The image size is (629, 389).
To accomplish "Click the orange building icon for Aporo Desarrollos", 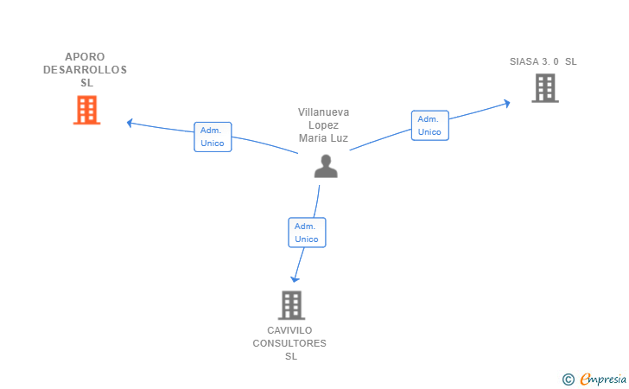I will [x=86, y=110].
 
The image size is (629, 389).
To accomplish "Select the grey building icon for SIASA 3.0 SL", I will [x=544, y=88].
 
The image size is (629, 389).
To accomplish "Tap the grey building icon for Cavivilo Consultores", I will [x=292, y=305].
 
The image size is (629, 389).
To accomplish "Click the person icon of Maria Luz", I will [x=326, y=166].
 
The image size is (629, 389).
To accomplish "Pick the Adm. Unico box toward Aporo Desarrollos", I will [x=213, y=137].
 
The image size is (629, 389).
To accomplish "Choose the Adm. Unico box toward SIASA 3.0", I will [x=429, y=125].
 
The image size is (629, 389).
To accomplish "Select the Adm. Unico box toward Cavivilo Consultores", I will [x=307, y=233].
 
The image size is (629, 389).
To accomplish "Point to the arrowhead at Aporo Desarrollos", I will [x=130, y=123].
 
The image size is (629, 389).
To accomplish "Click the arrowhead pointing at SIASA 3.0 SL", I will [x=507, y=103].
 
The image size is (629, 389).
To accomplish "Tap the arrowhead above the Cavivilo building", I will [x=295, y=278].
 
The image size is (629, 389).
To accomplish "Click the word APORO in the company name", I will [x=85, y=57].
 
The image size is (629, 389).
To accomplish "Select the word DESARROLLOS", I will [x=85, y=70].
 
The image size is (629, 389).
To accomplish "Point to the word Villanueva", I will [x=324, y=112].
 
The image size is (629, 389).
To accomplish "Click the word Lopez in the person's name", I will [x=324, y=125].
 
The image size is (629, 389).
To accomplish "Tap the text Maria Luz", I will [x=324, y=138].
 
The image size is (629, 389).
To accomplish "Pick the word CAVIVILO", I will [x=289, y=330].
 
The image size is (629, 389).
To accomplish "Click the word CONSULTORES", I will [x=289, y=343].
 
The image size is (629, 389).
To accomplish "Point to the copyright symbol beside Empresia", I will [x=568, y=379].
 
